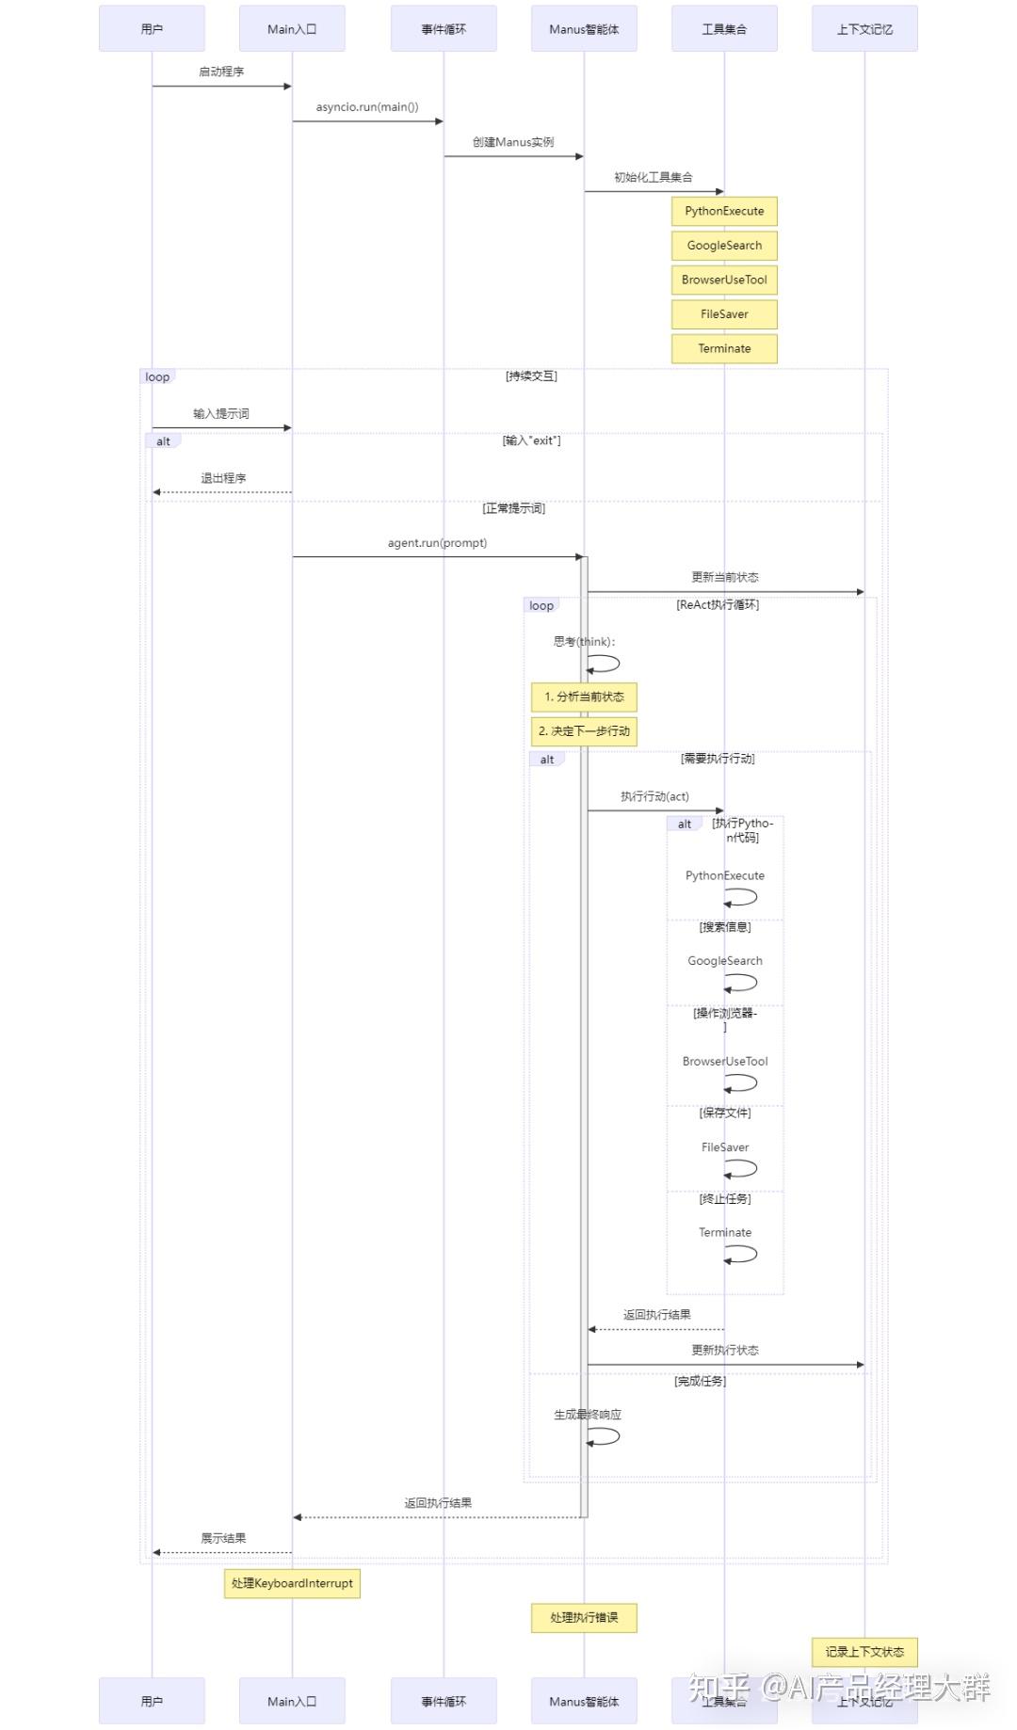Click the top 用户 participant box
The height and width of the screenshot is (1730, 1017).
coord(152,29)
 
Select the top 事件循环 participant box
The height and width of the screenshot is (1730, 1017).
coord(444,29)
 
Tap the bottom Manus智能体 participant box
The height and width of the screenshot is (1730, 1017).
coord(584,1701)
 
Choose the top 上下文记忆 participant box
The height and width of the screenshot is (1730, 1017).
coord(864,29)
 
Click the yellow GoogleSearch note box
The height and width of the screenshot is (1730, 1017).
coord(724,246)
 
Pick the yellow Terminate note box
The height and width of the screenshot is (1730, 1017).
coord(724,348)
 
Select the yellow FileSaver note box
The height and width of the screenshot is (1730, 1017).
coord(724,314)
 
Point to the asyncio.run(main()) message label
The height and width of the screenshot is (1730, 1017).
coord(367,107)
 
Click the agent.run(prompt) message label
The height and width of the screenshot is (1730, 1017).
coord(437,543)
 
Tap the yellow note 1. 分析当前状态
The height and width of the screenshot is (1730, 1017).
coord(584,697)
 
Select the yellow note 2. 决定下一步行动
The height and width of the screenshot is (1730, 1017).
coord(584,731)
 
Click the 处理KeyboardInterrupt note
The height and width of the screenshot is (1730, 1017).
coord(292,1583)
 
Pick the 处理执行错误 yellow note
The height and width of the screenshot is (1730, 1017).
coord(584,1617)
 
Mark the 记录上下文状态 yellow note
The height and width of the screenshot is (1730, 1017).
coord(864,1652)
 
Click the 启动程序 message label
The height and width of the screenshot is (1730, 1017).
coord(221,72)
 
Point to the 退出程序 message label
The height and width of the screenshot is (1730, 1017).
coord(223,478)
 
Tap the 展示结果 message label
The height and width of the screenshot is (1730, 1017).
coord(223,1538)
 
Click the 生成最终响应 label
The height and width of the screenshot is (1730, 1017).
coord(588,1415)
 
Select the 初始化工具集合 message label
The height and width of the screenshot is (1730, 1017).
coord(654,177)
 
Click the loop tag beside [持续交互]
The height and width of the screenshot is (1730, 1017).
coord(157,377)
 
